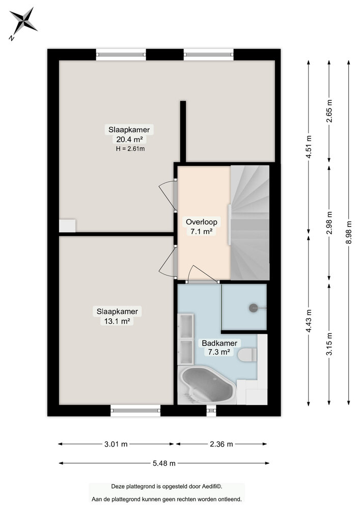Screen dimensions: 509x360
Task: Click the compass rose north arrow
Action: (x=23, y=21)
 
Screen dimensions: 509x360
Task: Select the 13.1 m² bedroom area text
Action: (x=118, y=321)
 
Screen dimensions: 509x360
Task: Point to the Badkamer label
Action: (x=219, y=343)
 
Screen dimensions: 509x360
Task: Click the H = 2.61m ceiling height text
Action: (x=130, y=149)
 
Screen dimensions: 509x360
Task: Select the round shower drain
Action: (x=253, y=307)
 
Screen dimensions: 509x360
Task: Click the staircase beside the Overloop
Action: (x=250, y=222)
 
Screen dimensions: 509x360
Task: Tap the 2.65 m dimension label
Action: (x=329, y=112)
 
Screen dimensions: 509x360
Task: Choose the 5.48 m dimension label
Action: (x=164, y=463)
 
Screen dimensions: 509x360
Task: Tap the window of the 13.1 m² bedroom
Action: (x=135, y=410)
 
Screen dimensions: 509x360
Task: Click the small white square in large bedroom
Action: (x=67, y=225)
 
